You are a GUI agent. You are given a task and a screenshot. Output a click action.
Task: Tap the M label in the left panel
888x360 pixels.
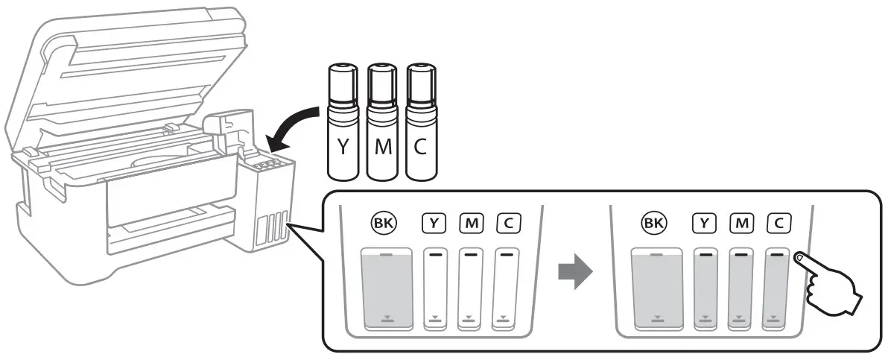point(471,221)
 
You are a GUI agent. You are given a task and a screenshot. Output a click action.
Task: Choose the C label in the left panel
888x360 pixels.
point(507,221)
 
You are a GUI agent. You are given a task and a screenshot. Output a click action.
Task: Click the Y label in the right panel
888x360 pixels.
point(705,221)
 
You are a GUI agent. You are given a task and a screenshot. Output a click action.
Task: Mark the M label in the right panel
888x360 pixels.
point(740,221)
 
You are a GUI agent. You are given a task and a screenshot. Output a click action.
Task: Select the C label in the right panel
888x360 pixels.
point(777,221)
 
